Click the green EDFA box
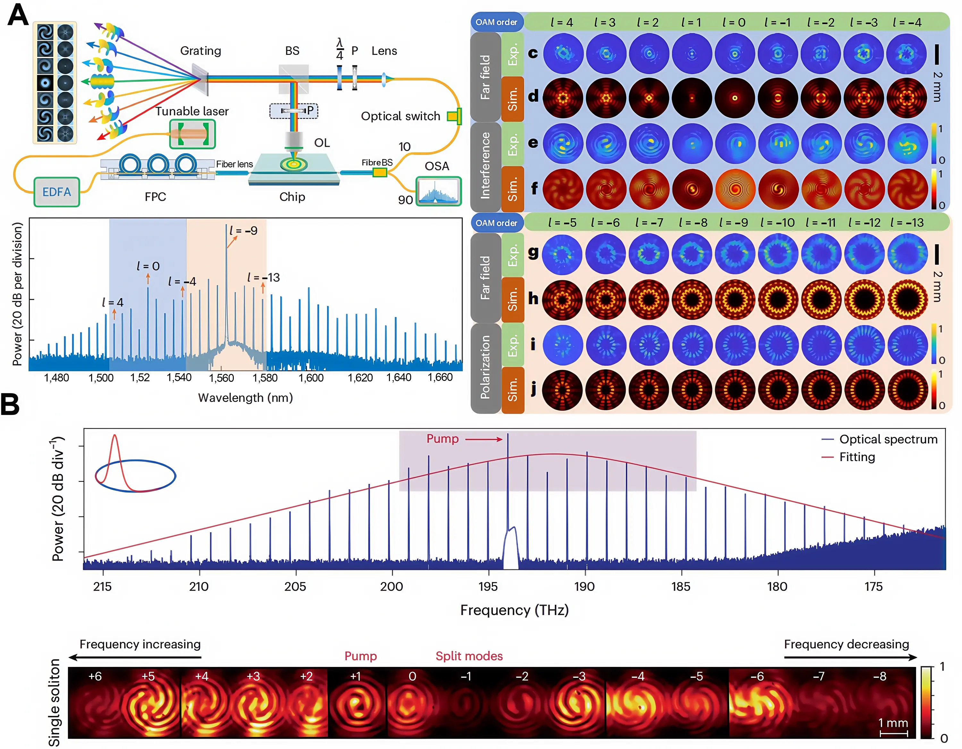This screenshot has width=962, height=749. [x=57, y=192]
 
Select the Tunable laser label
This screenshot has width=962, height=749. [x=192, y=111]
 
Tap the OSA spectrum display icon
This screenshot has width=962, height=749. [x=438, y=191]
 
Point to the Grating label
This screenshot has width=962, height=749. [x=200, y=51]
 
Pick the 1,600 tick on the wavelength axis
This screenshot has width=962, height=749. [x=311, y=378]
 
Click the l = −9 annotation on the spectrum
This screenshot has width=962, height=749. [x=244, y=231]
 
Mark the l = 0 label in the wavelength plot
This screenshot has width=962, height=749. [x=148, y=266]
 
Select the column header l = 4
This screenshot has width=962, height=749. [x=561, y=22]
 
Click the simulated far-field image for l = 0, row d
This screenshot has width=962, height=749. [x=734, y=98]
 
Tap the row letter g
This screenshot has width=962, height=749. [x=533, y=252]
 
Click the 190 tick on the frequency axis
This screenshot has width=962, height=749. [x=585, y=586]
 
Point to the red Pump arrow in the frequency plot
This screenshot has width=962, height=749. [x=484, y=439]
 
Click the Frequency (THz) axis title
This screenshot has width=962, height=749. [x=514, y=610]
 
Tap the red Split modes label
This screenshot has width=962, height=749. [x=469, y=656]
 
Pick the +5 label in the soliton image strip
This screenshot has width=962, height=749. [x=148, y=676]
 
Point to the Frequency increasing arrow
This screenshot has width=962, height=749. [x=135, y=657]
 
